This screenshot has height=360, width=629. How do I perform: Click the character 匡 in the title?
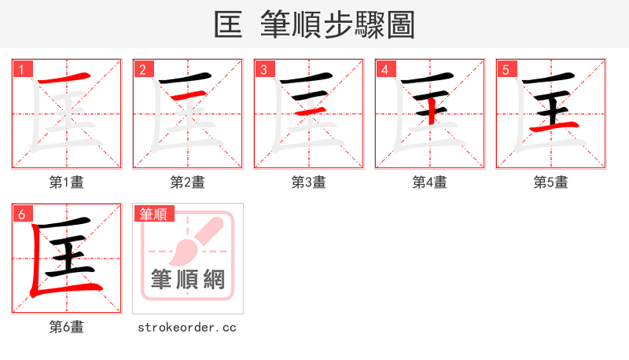coord(229,25)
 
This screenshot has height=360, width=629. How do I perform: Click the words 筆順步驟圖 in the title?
coord(337,25)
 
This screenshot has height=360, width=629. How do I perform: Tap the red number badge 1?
coord(22,69)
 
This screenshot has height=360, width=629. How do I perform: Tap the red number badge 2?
coord(143,69)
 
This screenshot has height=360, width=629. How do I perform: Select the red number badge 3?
coord(264,69)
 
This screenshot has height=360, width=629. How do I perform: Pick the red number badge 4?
coord(385,69)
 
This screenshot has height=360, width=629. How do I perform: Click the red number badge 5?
coord(506,69)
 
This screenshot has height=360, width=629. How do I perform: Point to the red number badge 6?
coord(22,214)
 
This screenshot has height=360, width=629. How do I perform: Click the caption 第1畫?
coord(66,182)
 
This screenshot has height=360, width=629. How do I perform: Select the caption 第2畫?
coord(187,182)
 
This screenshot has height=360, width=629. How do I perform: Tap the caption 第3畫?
coord(308,182)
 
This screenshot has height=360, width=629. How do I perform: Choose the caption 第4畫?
coord(429,182)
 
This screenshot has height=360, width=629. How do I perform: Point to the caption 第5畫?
coord(550,182)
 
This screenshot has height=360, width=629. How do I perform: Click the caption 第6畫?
coord(66,327)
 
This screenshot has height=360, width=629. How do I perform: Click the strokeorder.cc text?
coord(187,327)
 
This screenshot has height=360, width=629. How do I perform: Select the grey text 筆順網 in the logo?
coord(188,279)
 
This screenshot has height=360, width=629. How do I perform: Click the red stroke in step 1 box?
coord(66,79)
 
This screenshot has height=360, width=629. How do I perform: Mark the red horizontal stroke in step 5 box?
coord(554,127)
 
